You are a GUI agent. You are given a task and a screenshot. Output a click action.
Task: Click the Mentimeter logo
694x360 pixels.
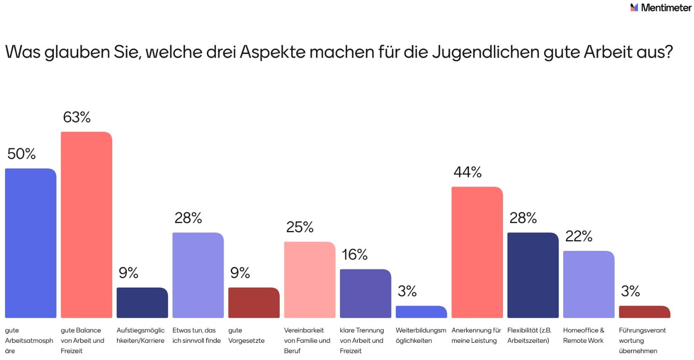tap(660, 8)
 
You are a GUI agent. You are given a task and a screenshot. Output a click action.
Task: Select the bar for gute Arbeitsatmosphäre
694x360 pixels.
tap(31, 243)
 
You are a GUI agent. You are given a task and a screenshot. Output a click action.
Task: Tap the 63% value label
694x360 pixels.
tap(77, 118)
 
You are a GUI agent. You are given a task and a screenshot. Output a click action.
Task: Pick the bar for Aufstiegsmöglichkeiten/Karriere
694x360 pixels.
tap(142, 302)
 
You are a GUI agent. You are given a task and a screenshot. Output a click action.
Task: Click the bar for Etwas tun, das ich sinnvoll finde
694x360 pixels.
tap(198, 275)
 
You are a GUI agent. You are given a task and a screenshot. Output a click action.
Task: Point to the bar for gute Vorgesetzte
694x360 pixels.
tap(254, 302)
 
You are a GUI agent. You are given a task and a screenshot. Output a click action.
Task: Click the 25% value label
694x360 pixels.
tap(300, 227)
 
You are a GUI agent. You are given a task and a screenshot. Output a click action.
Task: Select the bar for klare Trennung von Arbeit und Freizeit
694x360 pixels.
tap(365, 293)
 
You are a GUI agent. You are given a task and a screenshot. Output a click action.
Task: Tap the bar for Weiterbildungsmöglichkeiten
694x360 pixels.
tap(421, 312)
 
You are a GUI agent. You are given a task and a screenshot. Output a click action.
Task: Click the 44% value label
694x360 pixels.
tap(468, 173)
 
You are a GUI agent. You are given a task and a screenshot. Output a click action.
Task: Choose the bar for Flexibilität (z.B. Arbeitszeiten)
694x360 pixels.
tap(533, 275)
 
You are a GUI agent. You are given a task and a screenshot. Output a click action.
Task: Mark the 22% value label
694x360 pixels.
tap(579, 236)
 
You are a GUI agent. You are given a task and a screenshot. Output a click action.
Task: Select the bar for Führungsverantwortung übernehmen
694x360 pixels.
tap(644, 312)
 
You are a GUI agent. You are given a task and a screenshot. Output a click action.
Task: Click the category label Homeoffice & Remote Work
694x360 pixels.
tap(584, 336)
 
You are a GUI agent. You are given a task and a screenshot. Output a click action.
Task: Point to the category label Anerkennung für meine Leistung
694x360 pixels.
tap(476, 336)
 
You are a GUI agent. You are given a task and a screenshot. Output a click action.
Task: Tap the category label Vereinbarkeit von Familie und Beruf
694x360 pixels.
tap(307, 341)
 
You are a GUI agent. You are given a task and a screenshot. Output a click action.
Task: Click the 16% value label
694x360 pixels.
tap(354, 255)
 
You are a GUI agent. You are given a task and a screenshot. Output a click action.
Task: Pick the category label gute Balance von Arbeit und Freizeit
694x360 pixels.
tap(82, 341)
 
